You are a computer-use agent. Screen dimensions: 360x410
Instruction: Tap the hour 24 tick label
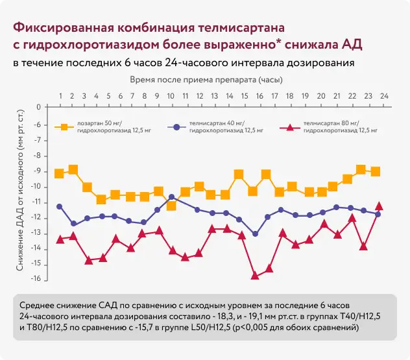pyautogui.click(x=384, y=96)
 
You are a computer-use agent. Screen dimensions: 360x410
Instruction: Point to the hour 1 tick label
pyautogui.click(x=60, y=96)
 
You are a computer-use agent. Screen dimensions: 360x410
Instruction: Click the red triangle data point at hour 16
pyautogui.click(x=255, y=276)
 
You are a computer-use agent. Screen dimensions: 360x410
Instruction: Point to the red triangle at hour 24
pyautogui.click(x=380, y=206)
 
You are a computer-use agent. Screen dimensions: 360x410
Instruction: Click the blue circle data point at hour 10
pyautogui.click(x=171, y=197)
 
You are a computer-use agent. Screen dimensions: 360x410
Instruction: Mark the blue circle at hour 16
pyautogui.click(x=255, y=234)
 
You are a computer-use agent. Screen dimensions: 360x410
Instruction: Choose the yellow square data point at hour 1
pyautogui.click(x=60, y=173)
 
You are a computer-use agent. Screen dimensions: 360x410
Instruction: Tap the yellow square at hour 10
pyautogui.click(x=171, y=206)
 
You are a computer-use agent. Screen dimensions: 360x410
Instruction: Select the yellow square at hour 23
pyautogui.click(x=376, y=171)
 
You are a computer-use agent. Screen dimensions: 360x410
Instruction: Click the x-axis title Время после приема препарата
pyautogui.click(x=206, y=79)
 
